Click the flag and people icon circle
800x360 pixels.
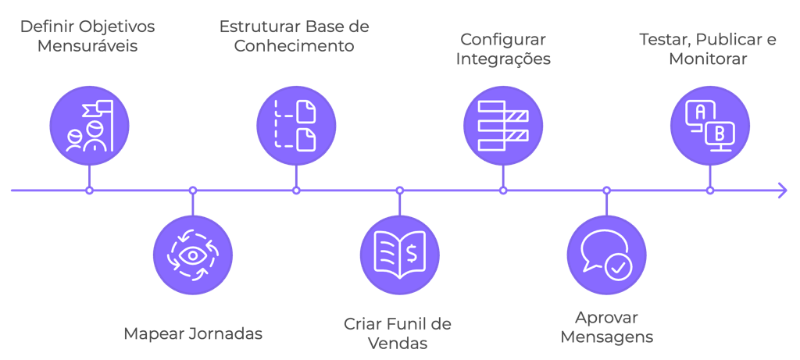89,125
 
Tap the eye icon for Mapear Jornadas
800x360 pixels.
193,255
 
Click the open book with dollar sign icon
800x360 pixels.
400,255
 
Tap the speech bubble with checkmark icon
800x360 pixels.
606,255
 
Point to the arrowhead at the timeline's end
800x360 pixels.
782,190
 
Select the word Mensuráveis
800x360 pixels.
87,45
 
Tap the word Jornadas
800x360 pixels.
226,333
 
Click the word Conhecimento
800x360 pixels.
295,45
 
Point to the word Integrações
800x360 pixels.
504,59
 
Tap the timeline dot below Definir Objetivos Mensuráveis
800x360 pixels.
89,190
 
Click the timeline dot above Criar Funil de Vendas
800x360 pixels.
400,190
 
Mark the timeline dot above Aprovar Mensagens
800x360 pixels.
606,190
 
